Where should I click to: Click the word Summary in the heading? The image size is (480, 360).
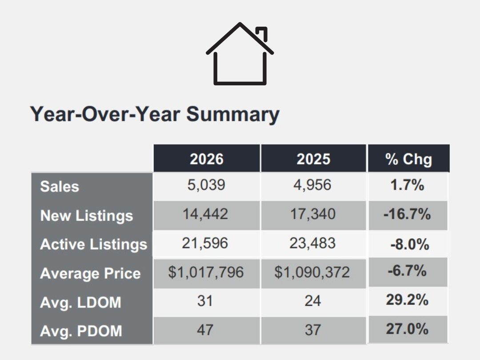click(232, 114)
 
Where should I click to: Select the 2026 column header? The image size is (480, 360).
click(207, 159)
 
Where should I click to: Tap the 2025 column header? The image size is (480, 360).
click(313, 159)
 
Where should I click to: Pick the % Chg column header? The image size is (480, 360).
click(408, 159)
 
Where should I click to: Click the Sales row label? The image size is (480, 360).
click(60, 186)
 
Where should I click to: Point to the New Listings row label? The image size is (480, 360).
click(87, 216)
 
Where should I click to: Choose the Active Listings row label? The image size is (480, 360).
click(93, 244)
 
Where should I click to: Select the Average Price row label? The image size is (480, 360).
click(90, 273)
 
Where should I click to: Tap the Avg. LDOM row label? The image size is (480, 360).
click(80, 302)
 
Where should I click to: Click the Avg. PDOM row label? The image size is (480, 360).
click(81, 331)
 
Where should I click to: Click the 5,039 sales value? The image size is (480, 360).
click(206, 185)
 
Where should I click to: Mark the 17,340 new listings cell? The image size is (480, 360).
click(313, 214)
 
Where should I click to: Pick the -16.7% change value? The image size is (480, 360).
click(407, 214)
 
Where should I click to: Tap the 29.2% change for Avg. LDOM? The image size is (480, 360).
click(407, 300)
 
